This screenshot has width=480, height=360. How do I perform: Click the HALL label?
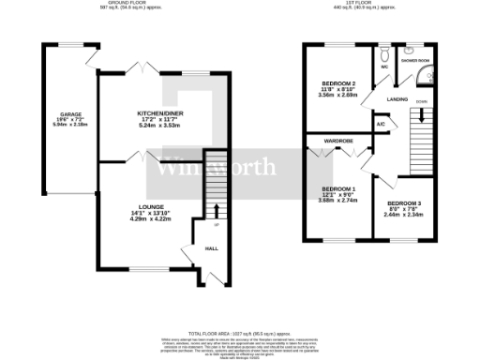(x=212, y=248)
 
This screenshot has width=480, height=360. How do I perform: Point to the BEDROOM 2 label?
(x=337, y=83)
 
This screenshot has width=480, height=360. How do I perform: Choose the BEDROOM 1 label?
(x=336, y=187)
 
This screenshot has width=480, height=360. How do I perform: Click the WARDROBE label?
(x=337, y=142)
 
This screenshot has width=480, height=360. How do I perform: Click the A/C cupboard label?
(x=381, y=123)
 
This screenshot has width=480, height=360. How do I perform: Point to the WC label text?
(x=384, y=67)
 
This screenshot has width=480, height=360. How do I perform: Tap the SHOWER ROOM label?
(x=415, y=60)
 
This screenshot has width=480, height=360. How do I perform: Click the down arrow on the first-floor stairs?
(x=421, y=115)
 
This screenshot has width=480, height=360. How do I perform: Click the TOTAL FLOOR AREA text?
(x=240, y=333)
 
